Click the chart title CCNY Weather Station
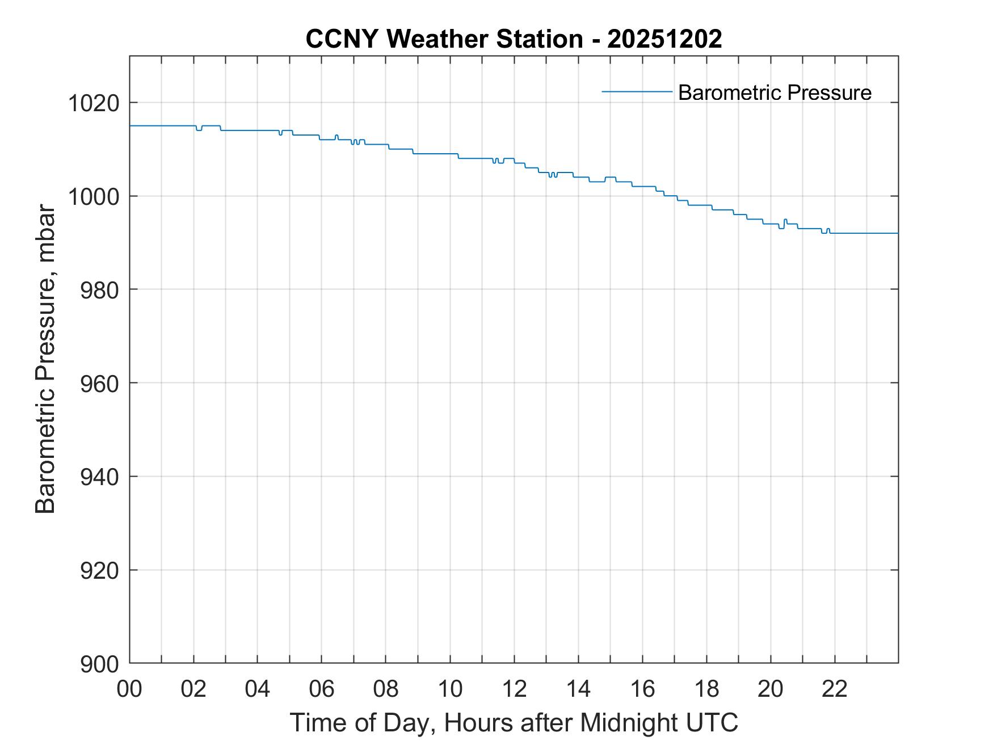tap(444, 39)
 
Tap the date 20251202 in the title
tap(664, 39)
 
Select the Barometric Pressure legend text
tap(775, 92)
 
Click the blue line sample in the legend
tap(637, 91)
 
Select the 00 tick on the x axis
tap(129, 689)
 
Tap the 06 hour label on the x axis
tap(322, 689)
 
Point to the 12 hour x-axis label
tap(514, 689)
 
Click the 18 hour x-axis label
tap(706, 689)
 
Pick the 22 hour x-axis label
tap(835, 689)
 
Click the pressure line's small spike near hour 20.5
tap(785, 220)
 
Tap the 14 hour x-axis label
tap(578, 689)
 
